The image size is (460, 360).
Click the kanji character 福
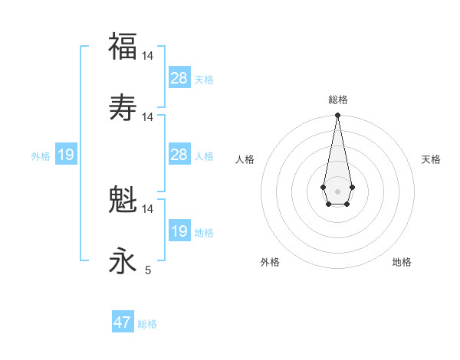point(123,47)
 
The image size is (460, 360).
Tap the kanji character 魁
point(123,200)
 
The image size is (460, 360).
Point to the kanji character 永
point(123,261)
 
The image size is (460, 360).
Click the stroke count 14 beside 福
point(148,56)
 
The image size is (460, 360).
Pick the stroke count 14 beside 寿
point(148,116)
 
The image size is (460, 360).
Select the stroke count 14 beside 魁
point(148,208)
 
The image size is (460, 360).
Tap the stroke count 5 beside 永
point(148,270)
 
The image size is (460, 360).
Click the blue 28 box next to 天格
point(179,78)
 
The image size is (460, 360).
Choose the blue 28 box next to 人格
point(179,155)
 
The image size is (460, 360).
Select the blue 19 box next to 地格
point(179,231)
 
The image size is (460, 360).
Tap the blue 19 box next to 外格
point(66,155)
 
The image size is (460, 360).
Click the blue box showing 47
point(123,322)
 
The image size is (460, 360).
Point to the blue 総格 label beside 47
point(147,324)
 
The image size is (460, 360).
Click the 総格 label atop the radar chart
point(338,100)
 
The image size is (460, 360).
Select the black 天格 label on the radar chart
point(431,159)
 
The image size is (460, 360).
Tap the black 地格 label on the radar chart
point(402,262)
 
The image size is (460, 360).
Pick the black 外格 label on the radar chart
point(270,262)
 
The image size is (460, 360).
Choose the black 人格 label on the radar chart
point(245,159)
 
